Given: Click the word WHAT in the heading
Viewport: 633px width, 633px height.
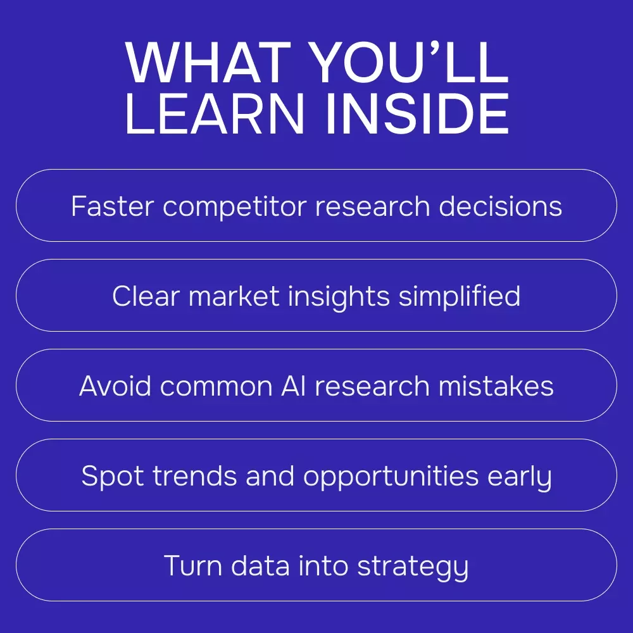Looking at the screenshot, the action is [208, 63].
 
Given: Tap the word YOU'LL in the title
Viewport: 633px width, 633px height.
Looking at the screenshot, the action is [410, 63].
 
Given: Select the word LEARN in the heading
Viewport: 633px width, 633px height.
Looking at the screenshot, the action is [215, 113].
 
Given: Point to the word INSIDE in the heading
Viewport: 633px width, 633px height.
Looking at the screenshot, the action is [417, 113].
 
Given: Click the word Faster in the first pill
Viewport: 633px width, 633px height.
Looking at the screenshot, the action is [113, 206].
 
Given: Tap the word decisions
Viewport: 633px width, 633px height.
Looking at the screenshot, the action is [500, 206].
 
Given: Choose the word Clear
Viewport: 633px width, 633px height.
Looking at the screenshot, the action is [146, 296].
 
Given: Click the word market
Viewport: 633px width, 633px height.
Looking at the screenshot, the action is [234, 296].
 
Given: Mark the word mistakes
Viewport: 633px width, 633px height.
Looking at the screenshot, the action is [496, 386].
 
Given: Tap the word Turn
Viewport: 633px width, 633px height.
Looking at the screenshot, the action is [193, 565].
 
